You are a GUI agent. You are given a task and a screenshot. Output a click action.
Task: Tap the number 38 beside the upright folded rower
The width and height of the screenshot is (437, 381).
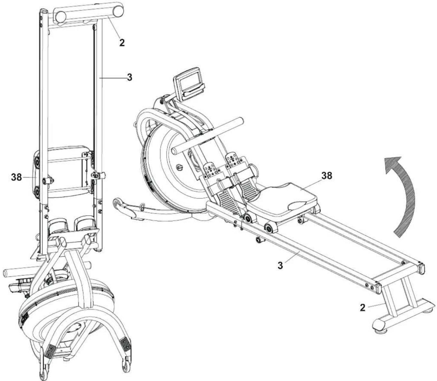tap(17, 177)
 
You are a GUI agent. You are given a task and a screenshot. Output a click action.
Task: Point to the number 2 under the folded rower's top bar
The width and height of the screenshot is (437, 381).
tap(122, 43)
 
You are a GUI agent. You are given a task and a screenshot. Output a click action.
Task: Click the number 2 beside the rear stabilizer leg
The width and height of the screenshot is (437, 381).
tap(363, 308)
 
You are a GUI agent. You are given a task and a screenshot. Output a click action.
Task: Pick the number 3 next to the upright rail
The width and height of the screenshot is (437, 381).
tap(129, 77)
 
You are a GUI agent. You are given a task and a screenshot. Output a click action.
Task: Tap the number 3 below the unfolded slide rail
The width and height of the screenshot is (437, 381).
tap(280, 265)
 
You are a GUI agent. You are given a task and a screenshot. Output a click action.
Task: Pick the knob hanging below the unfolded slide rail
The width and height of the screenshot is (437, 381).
tap(259, 240)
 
